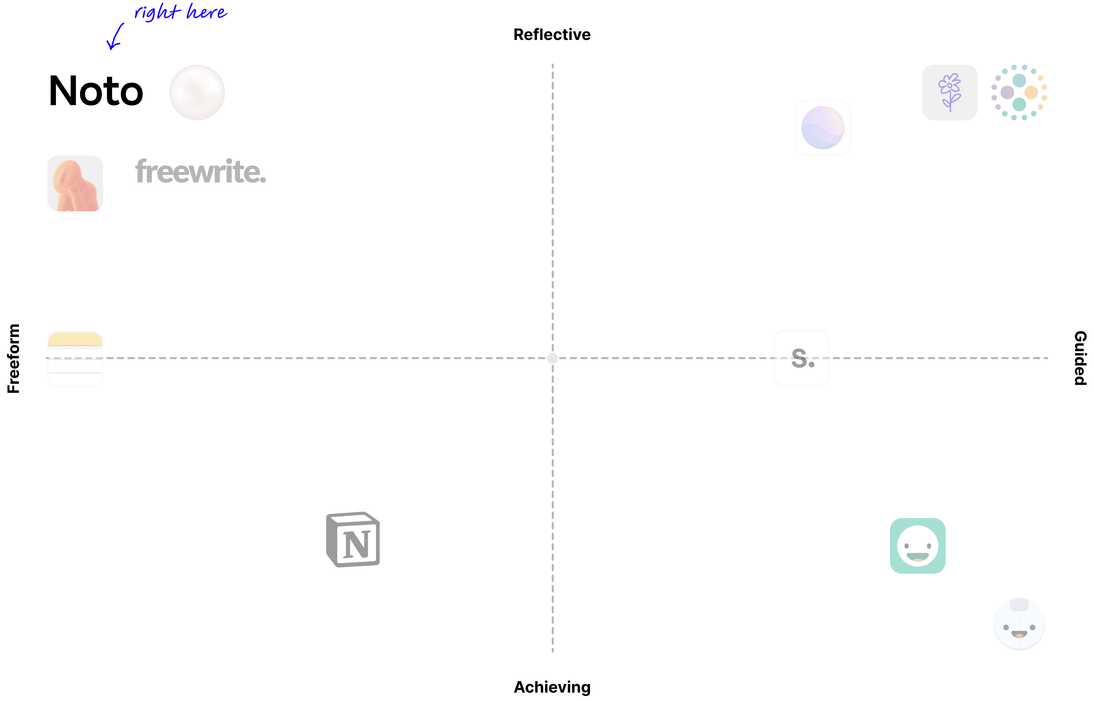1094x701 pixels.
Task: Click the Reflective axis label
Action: click(x=552, y=35)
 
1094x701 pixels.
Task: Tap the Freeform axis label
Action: click(x=13, y=358)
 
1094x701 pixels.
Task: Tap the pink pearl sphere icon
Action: click(x=197, y=92)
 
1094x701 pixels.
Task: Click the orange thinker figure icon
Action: click(x=75, y=183)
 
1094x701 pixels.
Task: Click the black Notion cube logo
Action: click(x=353, y=539)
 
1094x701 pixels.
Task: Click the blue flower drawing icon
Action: click(x=950, y=92)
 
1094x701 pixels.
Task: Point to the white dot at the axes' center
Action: click(x=552, y=358)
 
